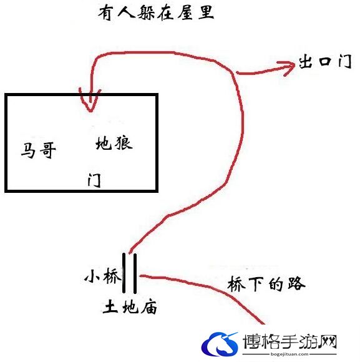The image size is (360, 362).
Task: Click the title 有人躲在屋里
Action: [x=156, y=13]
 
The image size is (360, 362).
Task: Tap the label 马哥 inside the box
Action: [x=38, y=150]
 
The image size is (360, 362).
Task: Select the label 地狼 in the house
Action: [x=114, y=144]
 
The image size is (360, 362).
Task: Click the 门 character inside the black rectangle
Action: [x=94, y=180]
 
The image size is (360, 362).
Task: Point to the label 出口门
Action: [x=325, y=61]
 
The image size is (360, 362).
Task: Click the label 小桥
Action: [x=103, y=276]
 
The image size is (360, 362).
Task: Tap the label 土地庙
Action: [x=130, y=307]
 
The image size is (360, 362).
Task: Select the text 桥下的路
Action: [x=266, y=283]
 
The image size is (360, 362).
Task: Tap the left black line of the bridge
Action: [x=124, y=273]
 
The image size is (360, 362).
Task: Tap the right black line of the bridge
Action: [x=135, y=273]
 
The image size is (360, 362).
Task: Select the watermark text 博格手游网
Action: [x=290, y=342]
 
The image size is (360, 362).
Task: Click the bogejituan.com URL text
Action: [x=289, y=354]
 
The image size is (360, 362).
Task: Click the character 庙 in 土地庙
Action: [x=148, y=307]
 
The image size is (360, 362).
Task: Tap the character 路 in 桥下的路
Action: [x=296, y=283]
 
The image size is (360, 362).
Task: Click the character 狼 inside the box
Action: [x=124, y=144]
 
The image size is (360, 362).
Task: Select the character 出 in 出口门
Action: [x=306, y=61]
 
